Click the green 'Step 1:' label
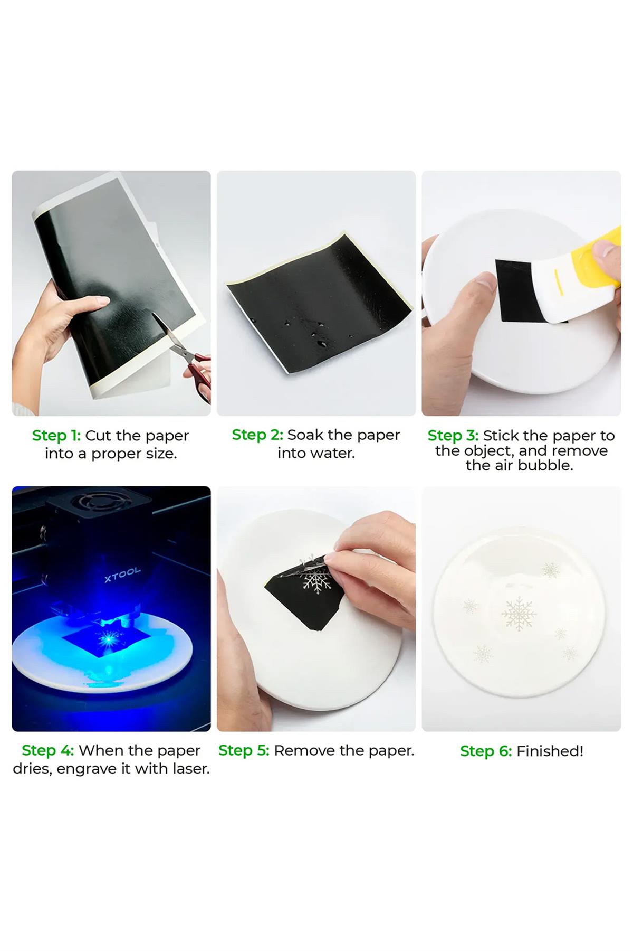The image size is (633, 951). coord(56,436)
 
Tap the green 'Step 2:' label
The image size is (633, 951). coord(257,435)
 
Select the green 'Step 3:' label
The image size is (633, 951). coord(453,436)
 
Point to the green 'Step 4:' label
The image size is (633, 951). coord(47,750)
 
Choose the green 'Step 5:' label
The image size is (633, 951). coord(244,750)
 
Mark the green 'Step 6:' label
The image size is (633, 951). coord(486,751)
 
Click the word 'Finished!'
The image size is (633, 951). coord(550,751)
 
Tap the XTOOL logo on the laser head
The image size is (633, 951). coord(122,575)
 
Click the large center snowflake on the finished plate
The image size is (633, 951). coord(519,614)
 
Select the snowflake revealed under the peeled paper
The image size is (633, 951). coord(315,581)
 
